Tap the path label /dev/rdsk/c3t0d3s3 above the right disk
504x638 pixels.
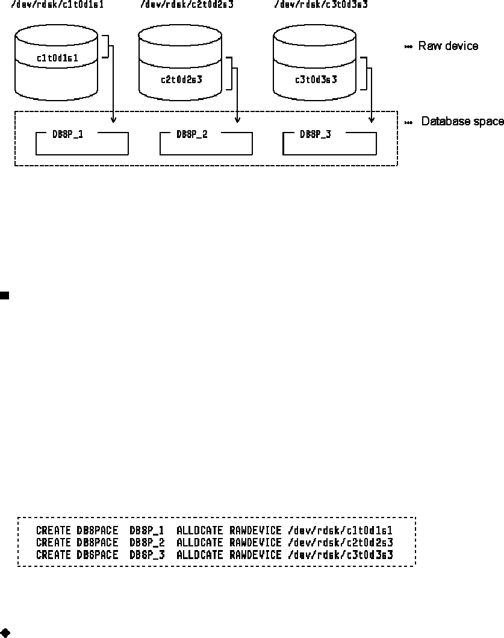[x=320, y=5]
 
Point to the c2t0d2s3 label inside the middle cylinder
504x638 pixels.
[x=181, y=79]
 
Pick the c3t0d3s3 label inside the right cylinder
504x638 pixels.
[x=316, y=79]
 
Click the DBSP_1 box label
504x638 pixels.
[x=69, y=134]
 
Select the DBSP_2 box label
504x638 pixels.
[x=192, y=134]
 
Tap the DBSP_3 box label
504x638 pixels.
[x=315, y=134]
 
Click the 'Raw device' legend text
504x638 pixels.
[x=448, y=46]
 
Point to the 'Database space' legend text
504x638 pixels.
[x=462, y=122]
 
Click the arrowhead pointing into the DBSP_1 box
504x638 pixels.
[x=114, y=121]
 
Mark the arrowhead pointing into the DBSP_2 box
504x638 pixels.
[x=238, y=121]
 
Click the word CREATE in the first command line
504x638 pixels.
[x=54, y=531]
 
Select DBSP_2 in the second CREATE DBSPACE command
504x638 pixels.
[x=147, y=542]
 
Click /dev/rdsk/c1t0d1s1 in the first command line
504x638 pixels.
[x=340, y=531]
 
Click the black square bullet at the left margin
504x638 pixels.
[x=4, y=295]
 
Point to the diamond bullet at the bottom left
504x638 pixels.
[x=5, y=633]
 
